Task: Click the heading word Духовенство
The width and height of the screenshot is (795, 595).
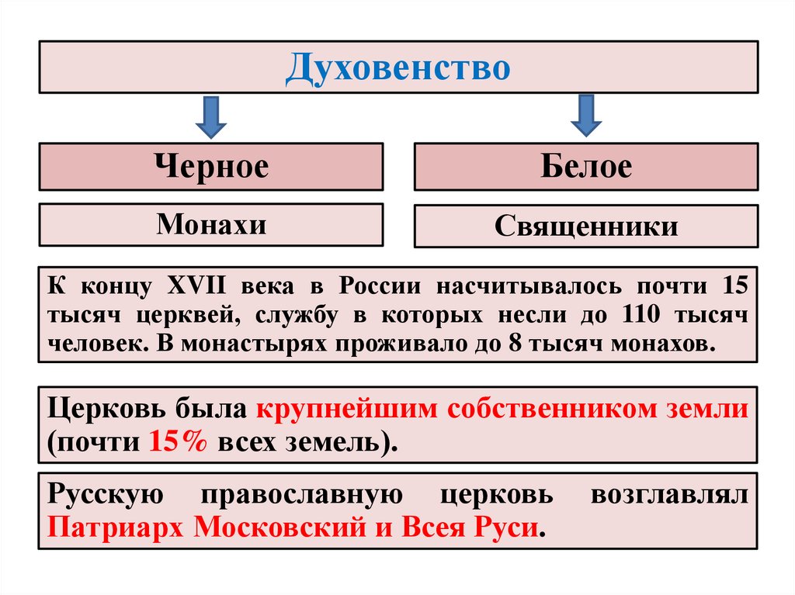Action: [397, 68]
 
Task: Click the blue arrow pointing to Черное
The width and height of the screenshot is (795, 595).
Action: [210, 116]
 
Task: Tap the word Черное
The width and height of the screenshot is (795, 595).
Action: [211, 167]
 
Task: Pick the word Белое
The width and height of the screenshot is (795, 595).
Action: [586, 167]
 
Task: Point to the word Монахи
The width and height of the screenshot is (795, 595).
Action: [211, 225]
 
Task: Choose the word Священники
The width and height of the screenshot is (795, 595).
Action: [586, 227]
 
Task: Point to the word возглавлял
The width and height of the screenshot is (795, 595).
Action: [669, 494]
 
